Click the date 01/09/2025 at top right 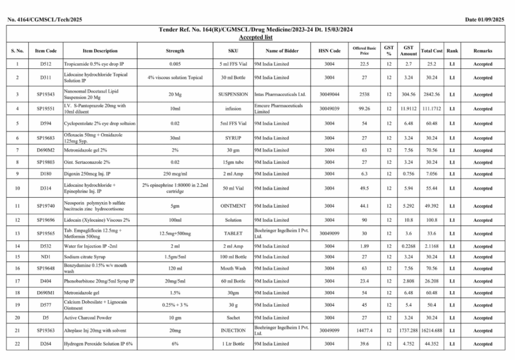484,20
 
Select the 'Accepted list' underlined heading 255,37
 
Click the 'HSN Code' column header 329,51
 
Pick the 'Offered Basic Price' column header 364,51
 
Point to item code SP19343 46,94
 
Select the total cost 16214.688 432,330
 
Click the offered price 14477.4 364,330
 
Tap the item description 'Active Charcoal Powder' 88,318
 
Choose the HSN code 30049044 329,94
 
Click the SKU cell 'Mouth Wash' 233,268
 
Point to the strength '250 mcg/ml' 175,174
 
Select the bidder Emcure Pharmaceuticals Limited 279,109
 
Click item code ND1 46,256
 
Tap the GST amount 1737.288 408,330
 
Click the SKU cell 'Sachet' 233,318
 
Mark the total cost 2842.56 432,94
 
